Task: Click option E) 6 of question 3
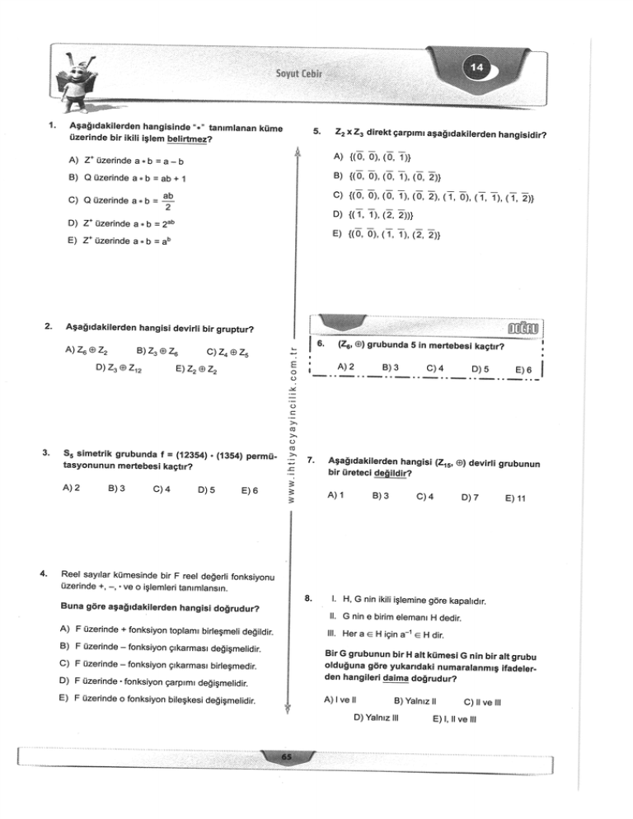pos(246,489)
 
